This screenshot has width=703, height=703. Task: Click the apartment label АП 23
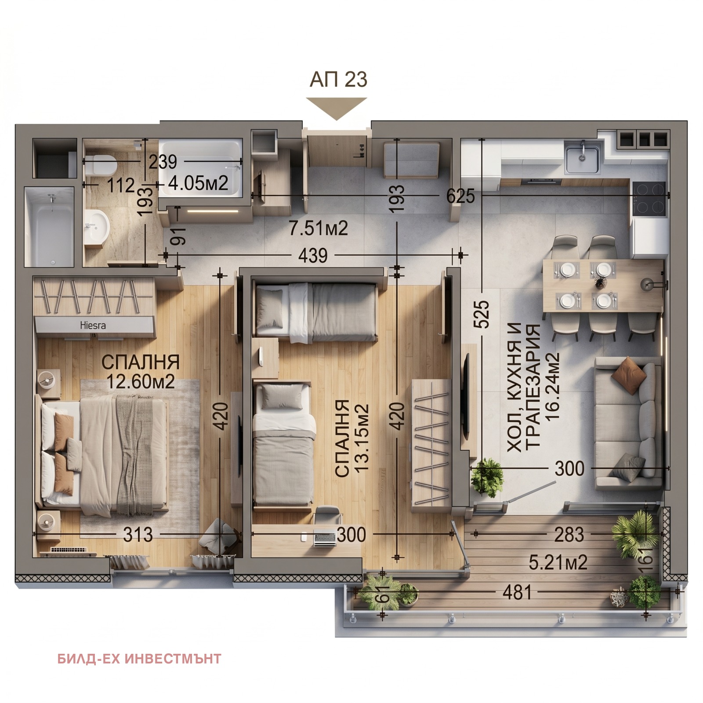tap(338, 80)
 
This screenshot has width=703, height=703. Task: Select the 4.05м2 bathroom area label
tap(198, 183)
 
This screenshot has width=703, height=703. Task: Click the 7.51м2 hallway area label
tap(318, 228)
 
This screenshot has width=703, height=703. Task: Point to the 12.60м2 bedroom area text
tap(141, 382)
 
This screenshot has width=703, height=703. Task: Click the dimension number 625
tap(460, 196)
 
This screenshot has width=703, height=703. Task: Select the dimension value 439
tap(312, 255)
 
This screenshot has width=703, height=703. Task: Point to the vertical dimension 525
tap(482, 314)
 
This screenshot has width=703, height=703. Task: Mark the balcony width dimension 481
tap(517, 593)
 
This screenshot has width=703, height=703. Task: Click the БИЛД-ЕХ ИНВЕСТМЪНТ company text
tap(139, 659)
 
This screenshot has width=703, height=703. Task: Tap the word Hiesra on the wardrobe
tap(93, 326)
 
